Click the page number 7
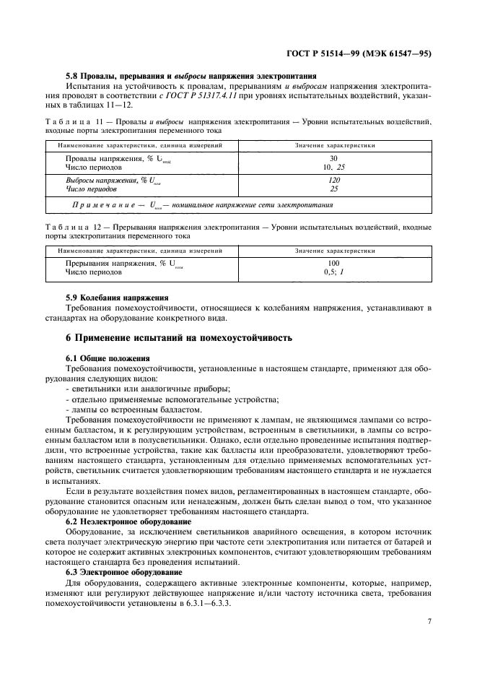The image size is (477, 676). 429,620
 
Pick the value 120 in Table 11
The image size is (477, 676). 334,180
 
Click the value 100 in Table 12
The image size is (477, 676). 334,264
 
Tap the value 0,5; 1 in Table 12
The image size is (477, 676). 334,272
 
